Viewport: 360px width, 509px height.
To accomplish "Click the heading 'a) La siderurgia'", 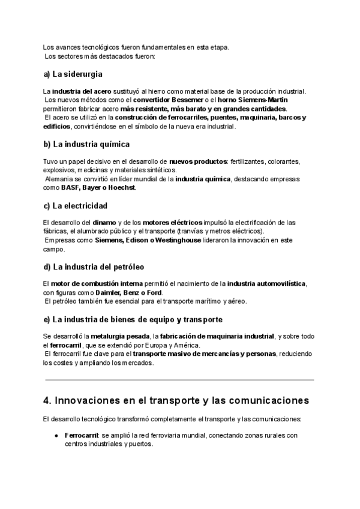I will (x=73, y=75).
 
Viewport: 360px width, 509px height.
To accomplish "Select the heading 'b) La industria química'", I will (x=86, y=145).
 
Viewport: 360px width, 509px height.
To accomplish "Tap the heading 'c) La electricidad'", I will (x=76, y=206).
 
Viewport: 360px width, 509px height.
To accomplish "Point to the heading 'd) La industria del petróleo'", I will (x=94, y=267).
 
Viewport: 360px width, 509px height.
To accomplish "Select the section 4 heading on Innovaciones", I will (x=176, y=400).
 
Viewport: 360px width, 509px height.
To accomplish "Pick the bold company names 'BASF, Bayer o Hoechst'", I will (x=99, y=188).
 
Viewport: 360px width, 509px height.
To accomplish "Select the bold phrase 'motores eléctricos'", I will (x=173, y=223).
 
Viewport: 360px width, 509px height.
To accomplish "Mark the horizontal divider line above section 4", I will (x=179, y=381).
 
